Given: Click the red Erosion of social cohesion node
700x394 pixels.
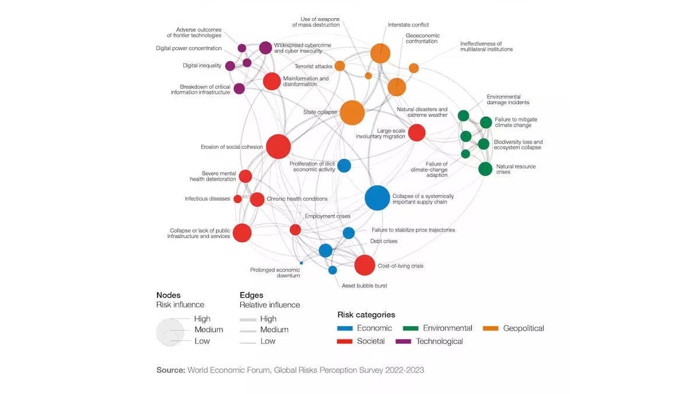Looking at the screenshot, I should [278, 147].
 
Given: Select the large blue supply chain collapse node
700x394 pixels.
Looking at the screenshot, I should [377, 198].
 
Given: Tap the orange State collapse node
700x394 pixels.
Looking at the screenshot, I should [352, 113].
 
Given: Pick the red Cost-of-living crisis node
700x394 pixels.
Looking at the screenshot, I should [365, 265].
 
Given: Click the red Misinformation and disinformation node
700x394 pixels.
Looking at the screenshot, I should [272, 81].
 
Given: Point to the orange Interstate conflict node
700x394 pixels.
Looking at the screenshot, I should [380, 54].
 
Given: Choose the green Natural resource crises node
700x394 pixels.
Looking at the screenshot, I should [485, 169].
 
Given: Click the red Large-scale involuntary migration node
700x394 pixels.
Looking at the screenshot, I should [416, 133].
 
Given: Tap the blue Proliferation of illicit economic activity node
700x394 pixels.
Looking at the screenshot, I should [344, 166].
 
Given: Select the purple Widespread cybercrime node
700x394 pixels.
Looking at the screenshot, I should [265, 48].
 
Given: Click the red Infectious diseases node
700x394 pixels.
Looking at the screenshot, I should [238, 199].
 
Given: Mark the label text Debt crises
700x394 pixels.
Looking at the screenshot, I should [384, 241].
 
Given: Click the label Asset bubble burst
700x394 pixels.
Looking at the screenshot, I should [365, 285].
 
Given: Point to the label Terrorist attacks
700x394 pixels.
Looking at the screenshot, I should [313, 67].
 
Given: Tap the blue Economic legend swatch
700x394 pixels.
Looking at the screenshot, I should [345, 329].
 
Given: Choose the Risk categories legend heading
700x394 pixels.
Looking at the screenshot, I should [366, 315].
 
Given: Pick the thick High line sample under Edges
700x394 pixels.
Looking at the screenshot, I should [248, 319].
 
